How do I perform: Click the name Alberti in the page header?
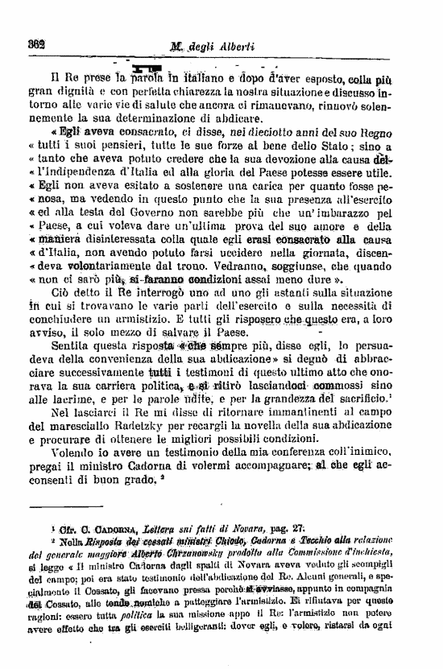coord(234,46)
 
